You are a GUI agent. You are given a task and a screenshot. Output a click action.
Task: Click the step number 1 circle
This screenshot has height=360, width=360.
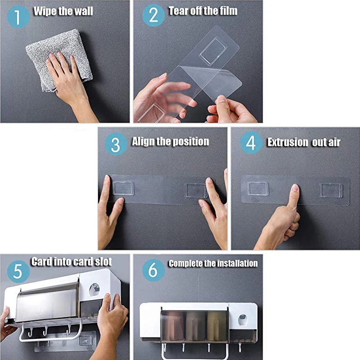(x=18, y=17)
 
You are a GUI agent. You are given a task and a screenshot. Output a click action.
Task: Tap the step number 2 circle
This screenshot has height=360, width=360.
(x=153, y=15)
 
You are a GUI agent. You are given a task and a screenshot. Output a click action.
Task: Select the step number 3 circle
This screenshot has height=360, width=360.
(x=116, y=144)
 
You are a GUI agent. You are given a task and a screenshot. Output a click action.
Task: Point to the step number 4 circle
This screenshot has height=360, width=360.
(x=251, y=143)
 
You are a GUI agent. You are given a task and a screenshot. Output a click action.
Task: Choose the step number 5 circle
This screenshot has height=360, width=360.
(x=18, y=272)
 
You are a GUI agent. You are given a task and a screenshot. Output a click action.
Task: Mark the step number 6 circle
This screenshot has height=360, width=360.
(x=153, y=270)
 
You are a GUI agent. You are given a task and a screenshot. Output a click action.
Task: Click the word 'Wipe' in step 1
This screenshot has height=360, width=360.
(x=44, y=12)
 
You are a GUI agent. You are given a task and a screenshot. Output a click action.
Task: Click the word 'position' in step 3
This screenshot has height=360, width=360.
(x=191, y=142)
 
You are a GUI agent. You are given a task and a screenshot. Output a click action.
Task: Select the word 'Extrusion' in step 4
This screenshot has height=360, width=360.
(x=288, y=142)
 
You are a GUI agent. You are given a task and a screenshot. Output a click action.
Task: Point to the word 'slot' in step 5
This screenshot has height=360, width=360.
(x=103, y=262)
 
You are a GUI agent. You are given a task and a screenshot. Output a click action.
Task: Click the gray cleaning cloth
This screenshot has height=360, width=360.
(x=60, y=59)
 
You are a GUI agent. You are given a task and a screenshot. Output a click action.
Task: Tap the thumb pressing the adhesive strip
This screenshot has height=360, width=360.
(x=294, y=197)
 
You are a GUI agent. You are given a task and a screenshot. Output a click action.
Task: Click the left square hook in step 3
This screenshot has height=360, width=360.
(x=123, y=188)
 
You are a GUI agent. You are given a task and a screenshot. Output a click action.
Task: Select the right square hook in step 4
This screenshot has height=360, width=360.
(x=331, y=190)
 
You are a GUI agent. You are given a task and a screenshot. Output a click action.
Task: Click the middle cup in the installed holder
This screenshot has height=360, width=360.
(x=195, y=325)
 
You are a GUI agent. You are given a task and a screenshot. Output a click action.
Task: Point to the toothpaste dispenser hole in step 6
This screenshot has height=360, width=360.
(x=243, y=320)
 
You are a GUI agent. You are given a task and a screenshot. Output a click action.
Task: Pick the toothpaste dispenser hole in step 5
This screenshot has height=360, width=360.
(x=94, y=290)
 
